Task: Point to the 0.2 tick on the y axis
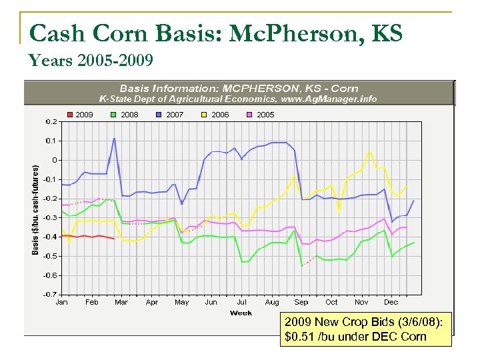click(x=51, y=121)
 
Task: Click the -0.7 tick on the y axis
click(x=49, y=294)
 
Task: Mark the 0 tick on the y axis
click(x=55, y=160)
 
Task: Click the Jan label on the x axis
click(x=61, y=302)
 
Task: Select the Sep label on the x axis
click(x=301, y=302)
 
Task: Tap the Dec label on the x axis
click(x=391, y=302)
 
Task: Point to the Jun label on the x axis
click(x=211, y=302)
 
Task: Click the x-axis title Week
click(x=241, y=312)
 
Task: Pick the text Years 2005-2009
click(x=91, y=61)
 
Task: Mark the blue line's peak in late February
click(x=114, y=139)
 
